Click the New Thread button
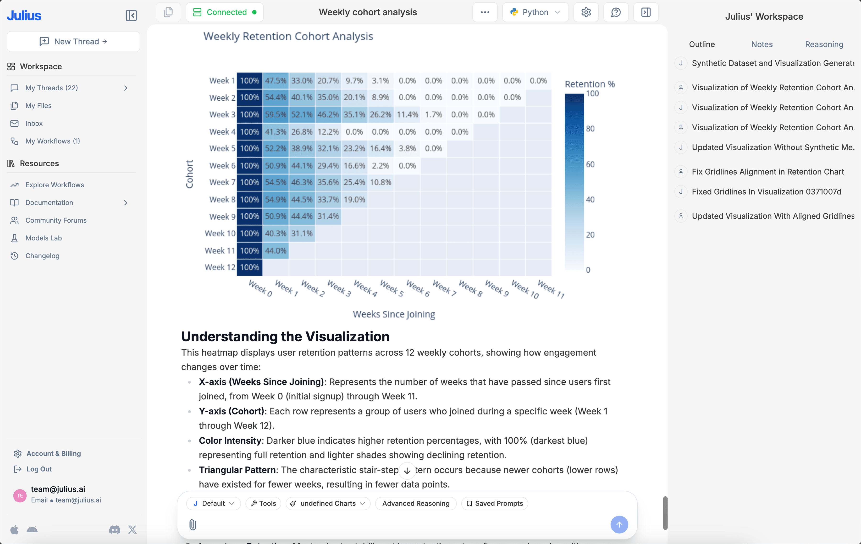pyautogui.click(x=73, y=41)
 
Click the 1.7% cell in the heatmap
pyautogui.click(x=433, y=114)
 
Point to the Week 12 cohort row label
pyautogui.click(x=220, y=267)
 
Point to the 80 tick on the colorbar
pyautogui.click(x=590, y=129)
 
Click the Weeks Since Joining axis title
pyautogui.click(x=394, y=314)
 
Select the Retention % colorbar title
pyautogui.click(x=590, y=84)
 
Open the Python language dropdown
pyautogui.click(x=535, y=12)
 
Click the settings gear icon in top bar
pyautogui.click(x=586, y=12)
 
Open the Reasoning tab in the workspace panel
pyautogui.click(x=824, y=44)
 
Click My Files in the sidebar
pyautogui.click(x=38, y=105)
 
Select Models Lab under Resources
pyautogui.click(x=43, y=238)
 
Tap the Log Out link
pyautogui.click(x=39, y=469)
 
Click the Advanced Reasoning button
pyautogui.click(x=415, y=503)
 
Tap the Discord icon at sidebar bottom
pyautogui.click(x=114, y=529)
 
